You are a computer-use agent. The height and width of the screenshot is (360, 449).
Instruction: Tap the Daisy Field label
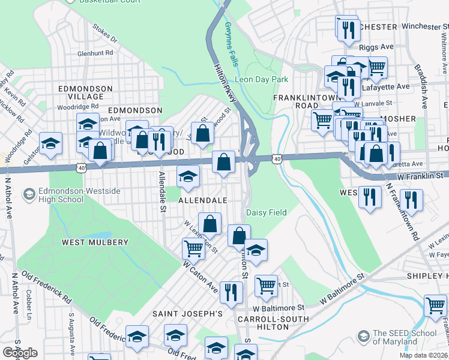(x=266, y=212)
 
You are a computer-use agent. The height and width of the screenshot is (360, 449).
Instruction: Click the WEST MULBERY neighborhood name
(x=95, y=242)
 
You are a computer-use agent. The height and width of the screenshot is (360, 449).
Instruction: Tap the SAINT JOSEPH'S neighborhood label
(x=187, y=314)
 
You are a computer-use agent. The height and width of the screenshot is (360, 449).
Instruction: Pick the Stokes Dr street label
(x=104, y=34)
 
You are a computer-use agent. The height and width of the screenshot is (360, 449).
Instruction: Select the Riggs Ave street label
(x=376, y=47)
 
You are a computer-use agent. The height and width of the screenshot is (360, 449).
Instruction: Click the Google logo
(x=20, y=353)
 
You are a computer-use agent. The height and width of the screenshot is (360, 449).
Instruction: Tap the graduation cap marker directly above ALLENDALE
(x=188, y=177)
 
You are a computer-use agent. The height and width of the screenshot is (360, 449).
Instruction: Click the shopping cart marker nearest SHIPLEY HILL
(x=435, y=304)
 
